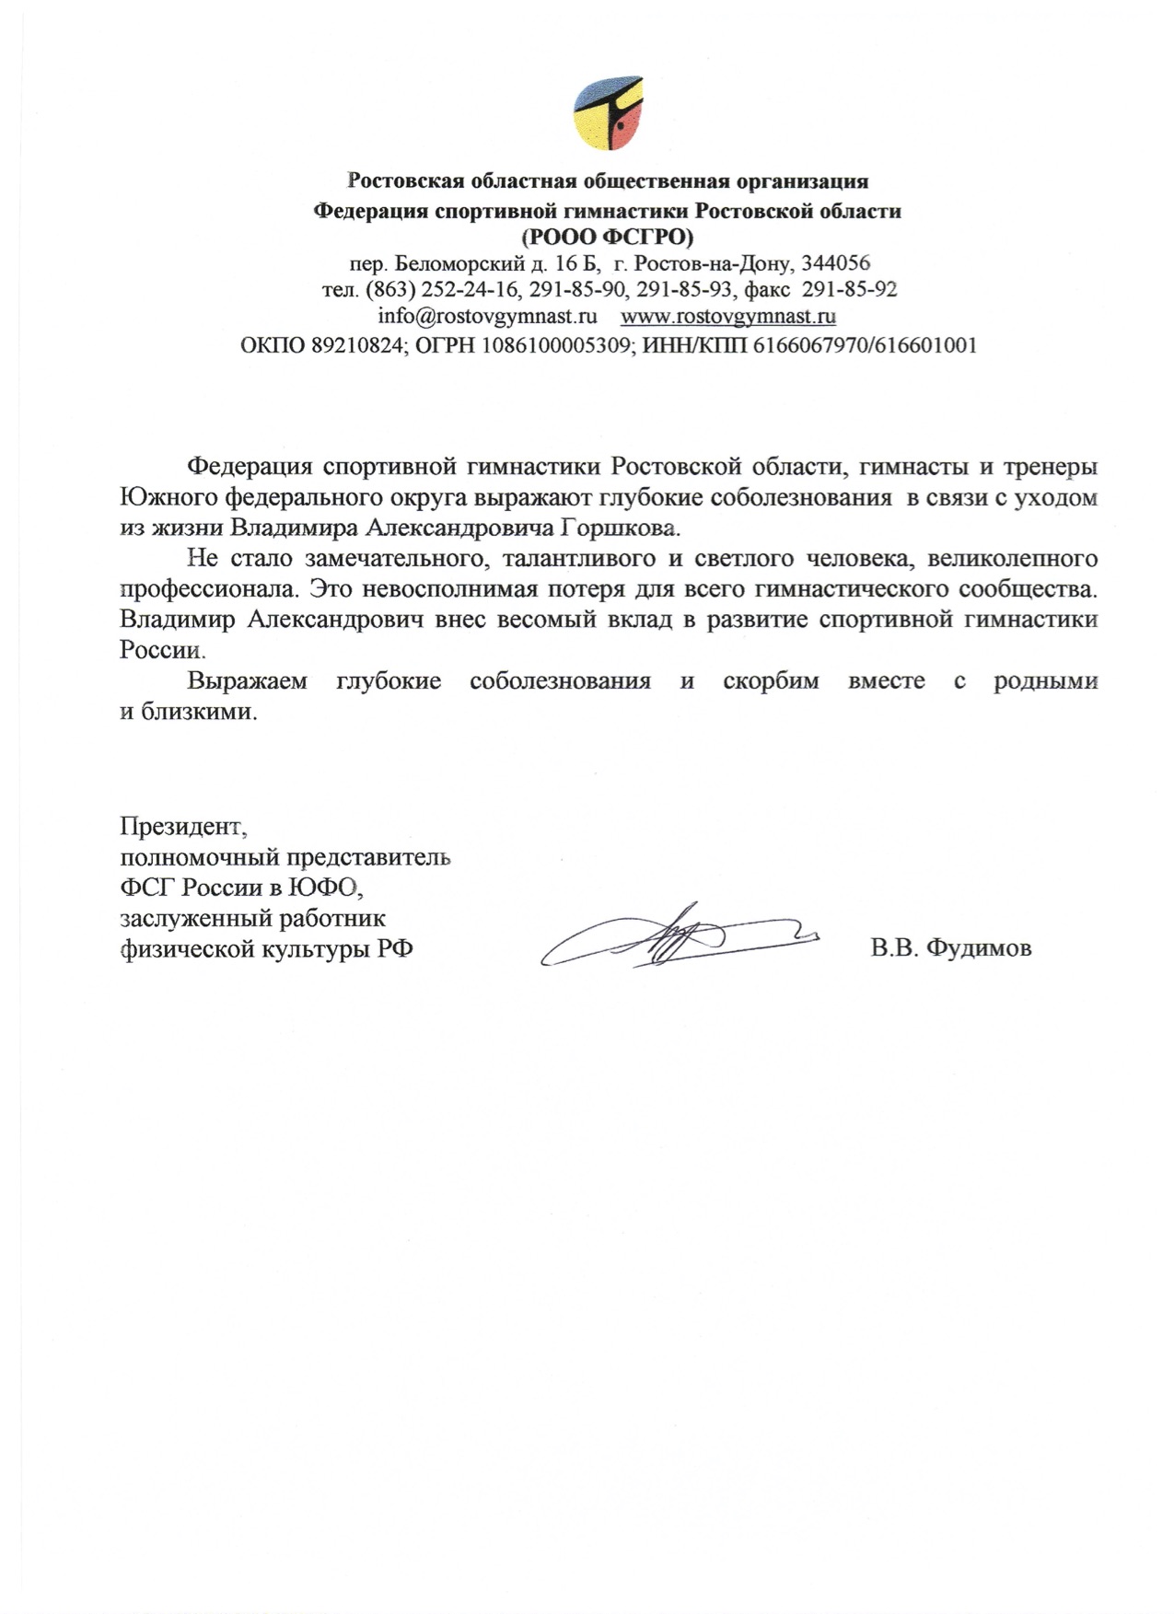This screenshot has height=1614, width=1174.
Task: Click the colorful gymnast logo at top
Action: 607,111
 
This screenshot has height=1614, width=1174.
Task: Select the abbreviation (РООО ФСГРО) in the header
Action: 607,237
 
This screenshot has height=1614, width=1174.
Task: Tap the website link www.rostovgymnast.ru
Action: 728,317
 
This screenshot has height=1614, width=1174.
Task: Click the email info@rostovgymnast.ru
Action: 488,317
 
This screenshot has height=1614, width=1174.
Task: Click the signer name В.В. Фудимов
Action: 951,948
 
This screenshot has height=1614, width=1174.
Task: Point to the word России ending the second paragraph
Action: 160,650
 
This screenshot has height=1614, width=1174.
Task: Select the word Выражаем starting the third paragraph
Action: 248,682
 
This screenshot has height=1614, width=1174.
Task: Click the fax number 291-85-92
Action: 849,290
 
